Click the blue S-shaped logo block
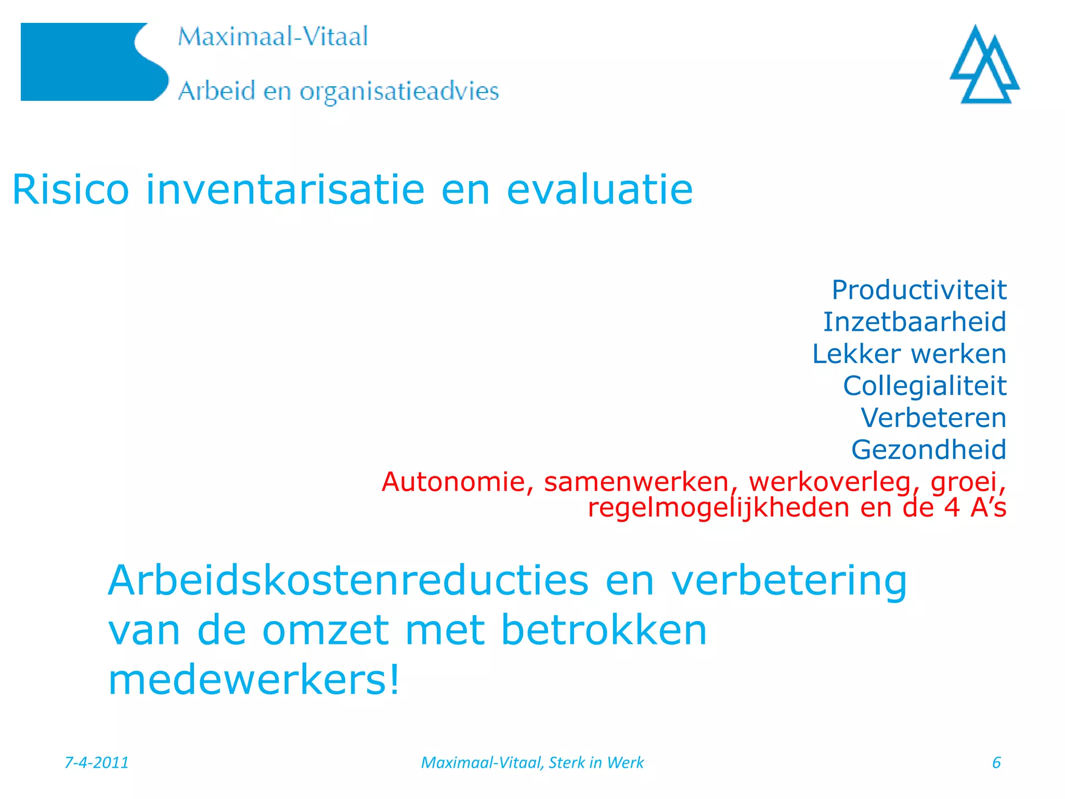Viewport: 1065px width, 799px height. (x=88, y=62)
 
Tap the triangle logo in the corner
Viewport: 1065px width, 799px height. (x=984, y=65)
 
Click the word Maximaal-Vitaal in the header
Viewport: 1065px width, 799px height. (x=272, y=37)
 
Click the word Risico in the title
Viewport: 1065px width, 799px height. (x=70, y=190)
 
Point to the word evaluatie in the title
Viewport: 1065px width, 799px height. (x=600, y=190)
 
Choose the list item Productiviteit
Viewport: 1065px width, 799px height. (x=919, y=290)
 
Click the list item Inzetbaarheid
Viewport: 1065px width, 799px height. (x=914, y=322)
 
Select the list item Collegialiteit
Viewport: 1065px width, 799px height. (x=925, y=386)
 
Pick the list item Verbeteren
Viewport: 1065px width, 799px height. (x=933, y=418)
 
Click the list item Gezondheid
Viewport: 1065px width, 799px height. (x=929, y=450)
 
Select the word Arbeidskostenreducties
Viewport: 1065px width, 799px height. (x=348, y=581)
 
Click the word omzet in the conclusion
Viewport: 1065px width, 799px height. (x=326, y=630)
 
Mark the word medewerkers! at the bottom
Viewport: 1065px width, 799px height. (x=254, y=680)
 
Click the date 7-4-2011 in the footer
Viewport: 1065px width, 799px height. (x=97, y=763)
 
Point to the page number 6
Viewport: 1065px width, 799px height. (x=996, y=763)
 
